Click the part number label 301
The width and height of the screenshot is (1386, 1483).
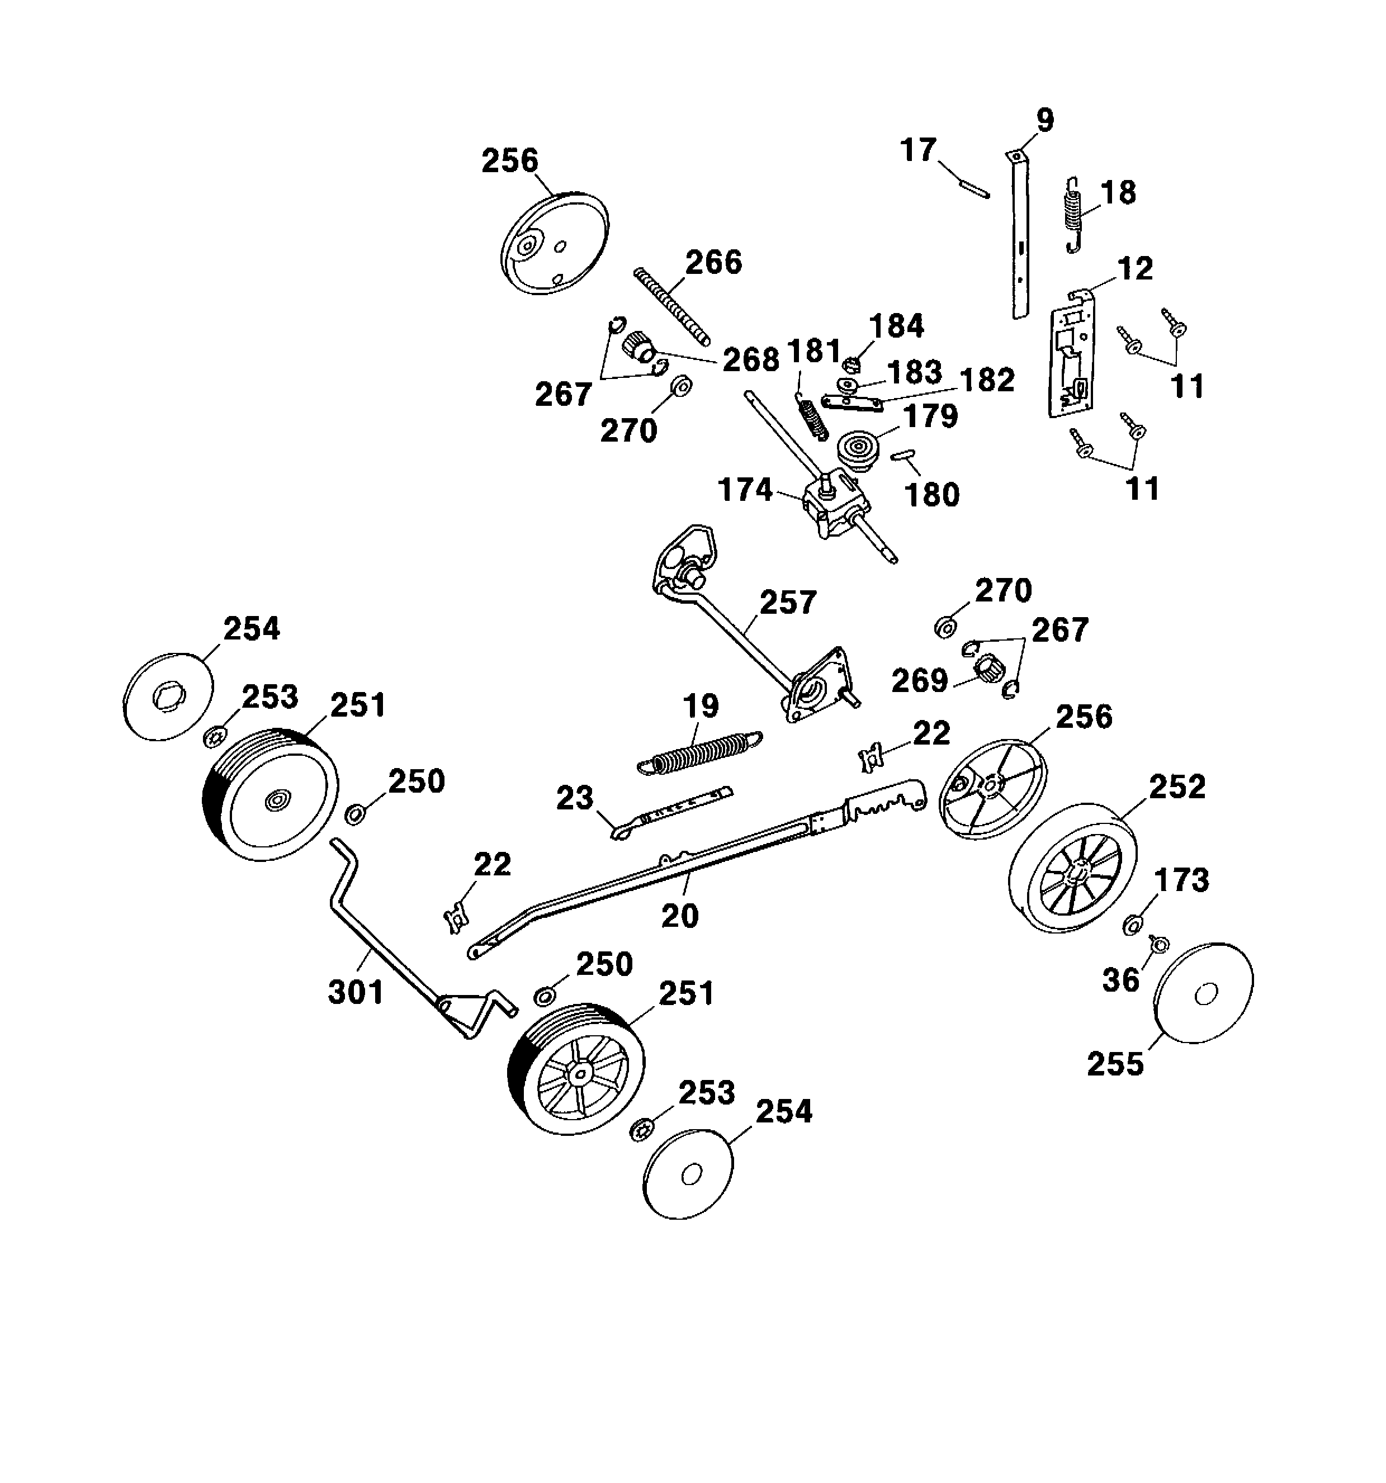click(x=356, y=992)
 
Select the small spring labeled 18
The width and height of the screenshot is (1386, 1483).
click(x=1072, y=215)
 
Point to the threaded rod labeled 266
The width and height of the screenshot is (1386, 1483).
click(x=671, y=306)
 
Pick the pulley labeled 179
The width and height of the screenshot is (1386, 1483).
click(x=859, y=448)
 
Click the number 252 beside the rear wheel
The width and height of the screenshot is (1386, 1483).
click(x=1177, y=787)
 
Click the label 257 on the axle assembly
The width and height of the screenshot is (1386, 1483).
click(x=788, y=602)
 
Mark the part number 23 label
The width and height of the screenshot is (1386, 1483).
click(x=574, y=798)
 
